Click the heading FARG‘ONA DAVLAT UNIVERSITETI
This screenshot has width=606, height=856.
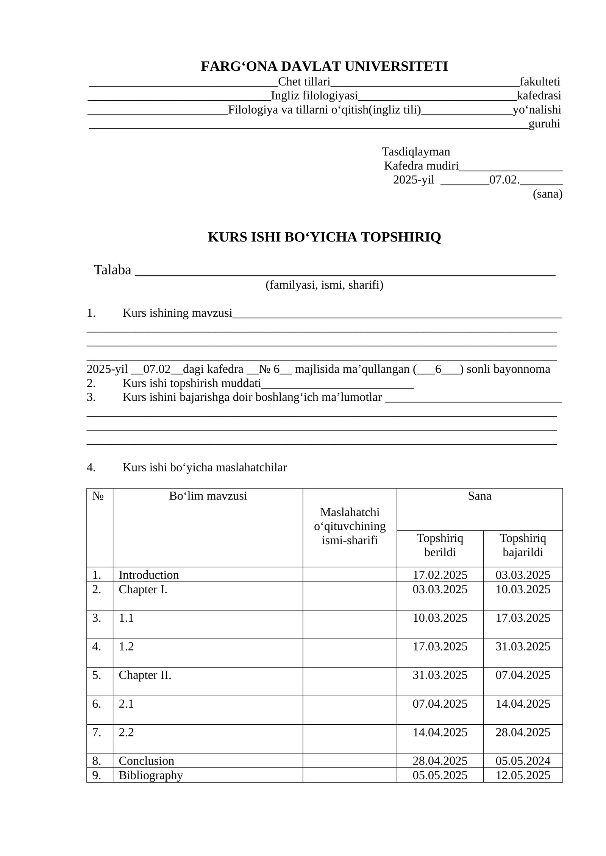[x=324, y=66]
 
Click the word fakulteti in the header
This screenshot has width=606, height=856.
[x=540, y=82]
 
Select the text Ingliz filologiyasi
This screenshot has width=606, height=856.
[x=314, y=96]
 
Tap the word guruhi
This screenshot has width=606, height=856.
[x=544, y=124]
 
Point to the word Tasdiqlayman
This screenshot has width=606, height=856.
[x=416, y=152]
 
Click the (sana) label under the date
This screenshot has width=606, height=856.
[x=547, y=194]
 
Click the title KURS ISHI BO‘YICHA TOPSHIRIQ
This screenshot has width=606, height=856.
[x=324, y=237]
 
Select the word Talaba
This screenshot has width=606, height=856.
[x=112, y=270]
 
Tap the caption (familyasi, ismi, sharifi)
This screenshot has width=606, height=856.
[x=324, y=285]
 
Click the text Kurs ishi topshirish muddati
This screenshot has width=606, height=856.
[x=192, y=383]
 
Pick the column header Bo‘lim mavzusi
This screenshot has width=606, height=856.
[x=208, y=496]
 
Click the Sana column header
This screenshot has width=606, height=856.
[x=479, y=496]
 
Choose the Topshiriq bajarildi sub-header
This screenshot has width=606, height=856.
[x=523, y=545]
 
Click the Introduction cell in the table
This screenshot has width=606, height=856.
[x=148, y=575]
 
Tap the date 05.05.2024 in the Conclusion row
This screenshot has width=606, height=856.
[x=523, y=761]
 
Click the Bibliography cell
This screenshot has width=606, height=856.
[x=151, y=775]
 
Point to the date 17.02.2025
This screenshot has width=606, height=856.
[x=440, y=575]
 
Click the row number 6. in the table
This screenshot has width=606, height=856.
[x=97, y=704]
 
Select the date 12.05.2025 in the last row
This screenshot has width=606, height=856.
[x=523, y=775]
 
